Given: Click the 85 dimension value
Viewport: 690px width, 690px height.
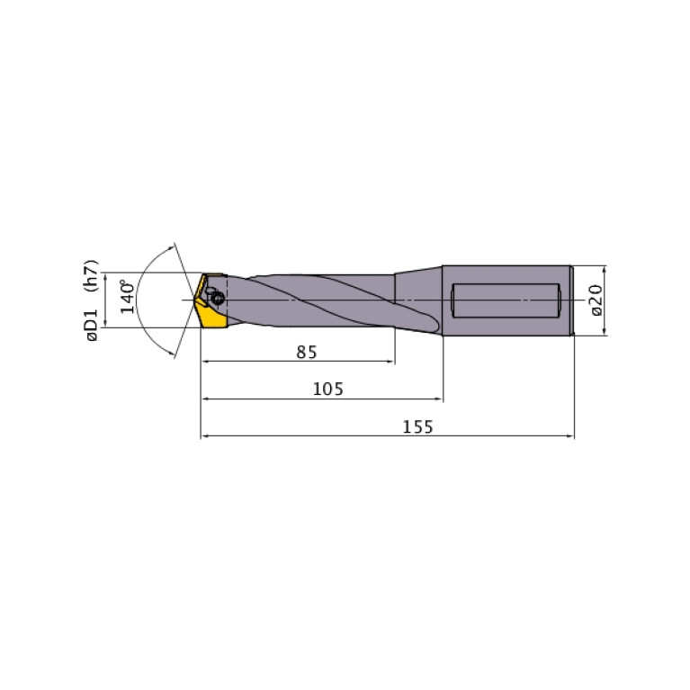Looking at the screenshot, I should coord(307,353).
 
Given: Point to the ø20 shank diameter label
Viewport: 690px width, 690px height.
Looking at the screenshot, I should coord(595,300).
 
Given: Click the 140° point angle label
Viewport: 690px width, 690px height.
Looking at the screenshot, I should coord(129,297).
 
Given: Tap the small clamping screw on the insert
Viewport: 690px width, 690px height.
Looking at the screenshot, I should coord(217,298).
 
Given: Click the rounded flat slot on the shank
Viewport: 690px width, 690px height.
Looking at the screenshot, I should coord(506,300).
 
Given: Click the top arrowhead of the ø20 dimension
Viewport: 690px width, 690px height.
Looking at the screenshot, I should coord(605,269).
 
